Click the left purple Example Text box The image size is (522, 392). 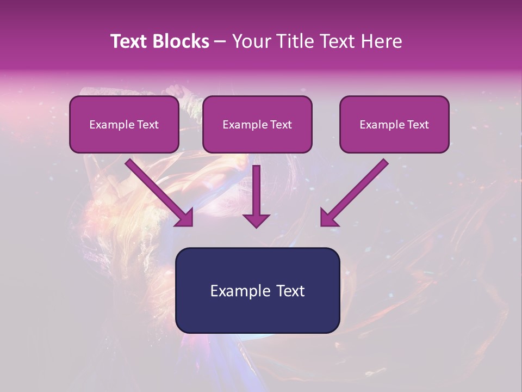124,124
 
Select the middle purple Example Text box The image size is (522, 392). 257,124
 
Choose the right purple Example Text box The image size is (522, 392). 394,124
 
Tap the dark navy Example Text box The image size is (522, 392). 257,290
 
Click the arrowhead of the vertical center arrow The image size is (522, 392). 256,219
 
